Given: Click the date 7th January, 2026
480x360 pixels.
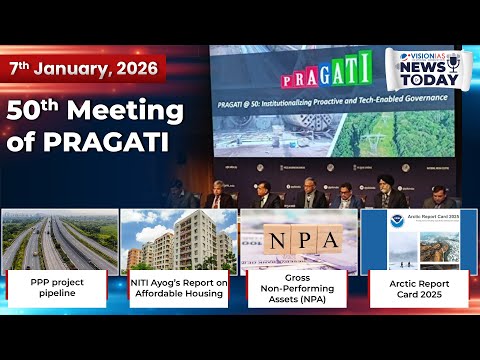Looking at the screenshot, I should tap(82, 70).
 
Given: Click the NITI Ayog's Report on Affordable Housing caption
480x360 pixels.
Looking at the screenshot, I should tap(178, 289).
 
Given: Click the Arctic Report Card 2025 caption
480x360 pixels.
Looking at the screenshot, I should tap(418, 289).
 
